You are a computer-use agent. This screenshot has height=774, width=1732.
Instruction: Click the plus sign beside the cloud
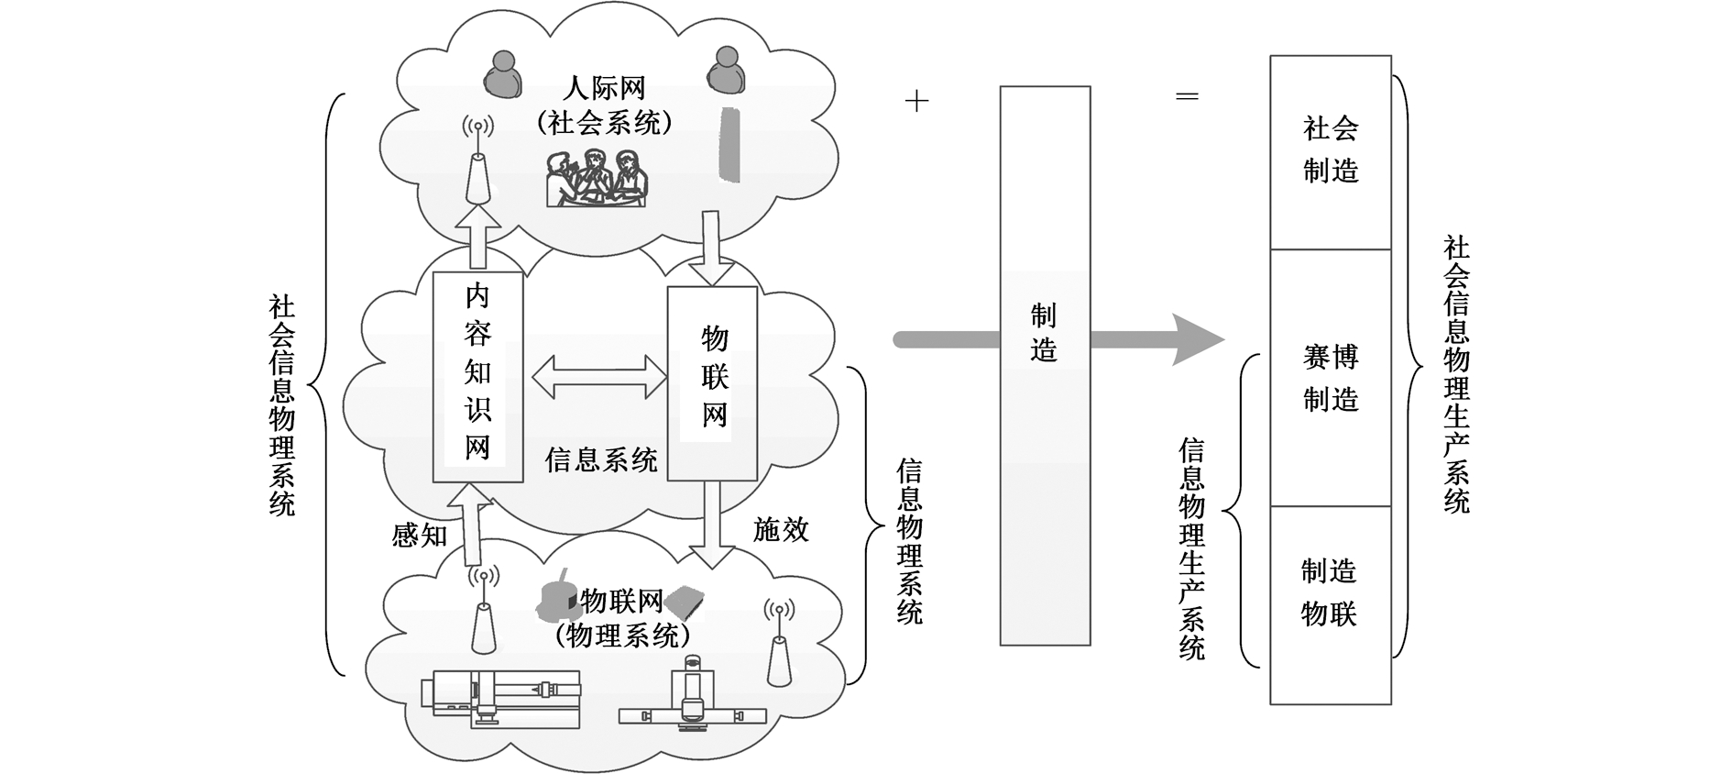tap(916, 101)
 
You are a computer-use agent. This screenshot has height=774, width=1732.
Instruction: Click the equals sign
tap(1187, 96)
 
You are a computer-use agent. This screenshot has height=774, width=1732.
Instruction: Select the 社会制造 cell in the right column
tap(1331, 151)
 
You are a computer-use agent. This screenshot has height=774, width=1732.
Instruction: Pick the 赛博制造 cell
tap(1331, 378)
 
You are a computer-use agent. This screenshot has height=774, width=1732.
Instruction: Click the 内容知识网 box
tap(477, 376)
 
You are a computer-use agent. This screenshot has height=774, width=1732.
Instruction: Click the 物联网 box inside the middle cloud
tap(712, 382)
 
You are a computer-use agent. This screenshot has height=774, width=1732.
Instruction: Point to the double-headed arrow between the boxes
tap(599, 377)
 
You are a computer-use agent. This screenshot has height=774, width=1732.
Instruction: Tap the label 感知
tap(419, 535)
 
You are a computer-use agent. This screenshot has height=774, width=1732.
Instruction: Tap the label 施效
tap(781, 529)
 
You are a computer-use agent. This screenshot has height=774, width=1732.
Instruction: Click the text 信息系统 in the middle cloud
tap(601, 459)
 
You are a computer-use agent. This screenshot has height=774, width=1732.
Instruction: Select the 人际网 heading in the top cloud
tap(604, 89)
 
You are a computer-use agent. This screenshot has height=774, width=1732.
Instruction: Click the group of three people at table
tap(597, 178)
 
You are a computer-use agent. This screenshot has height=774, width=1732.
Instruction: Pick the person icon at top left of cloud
tap(502, 74)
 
